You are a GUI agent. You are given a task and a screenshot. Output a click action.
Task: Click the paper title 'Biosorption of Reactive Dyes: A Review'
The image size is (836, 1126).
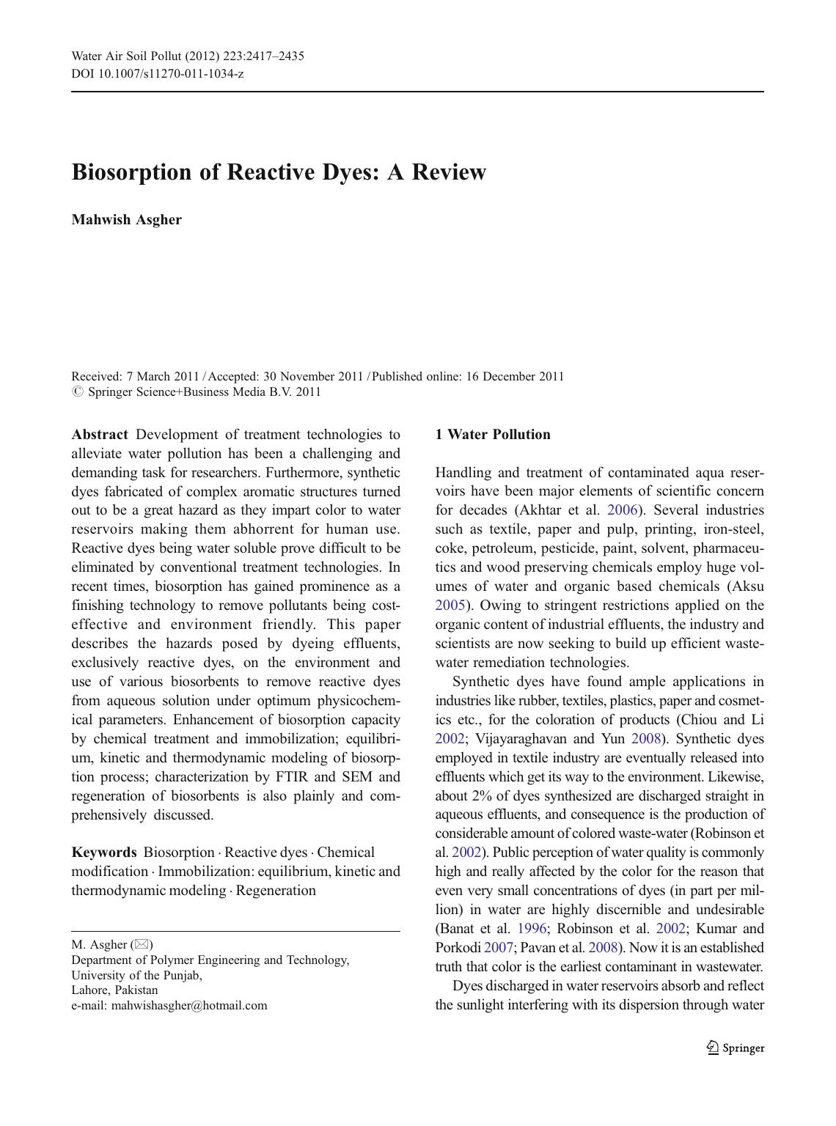pyautogui.click(x=279, y=172)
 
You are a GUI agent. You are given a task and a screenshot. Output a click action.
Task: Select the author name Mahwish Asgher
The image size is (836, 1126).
pyautogui.click(x=126, y=220)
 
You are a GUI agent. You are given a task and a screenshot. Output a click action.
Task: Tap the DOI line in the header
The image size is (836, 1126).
pyautogui.click(x=157, y=73)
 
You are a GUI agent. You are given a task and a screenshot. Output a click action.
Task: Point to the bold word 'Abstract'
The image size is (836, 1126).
pyautogui.click(x=100, y=435)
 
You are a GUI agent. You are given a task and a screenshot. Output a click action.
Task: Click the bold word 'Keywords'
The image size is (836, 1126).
pyautogui.click(x=103, y=853)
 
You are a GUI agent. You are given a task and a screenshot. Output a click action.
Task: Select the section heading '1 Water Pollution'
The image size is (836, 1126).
pyautogui.click(x=492, y=435)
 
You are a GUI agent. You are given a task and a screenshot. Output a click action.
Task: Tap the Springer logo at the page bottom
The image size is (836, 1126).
pyautogui.click(x=736, y=1048)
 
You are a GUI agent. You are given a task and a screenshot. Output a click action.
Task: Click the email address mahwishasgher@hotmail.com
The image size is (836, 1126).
pyautogui.click(x=189, y=1006)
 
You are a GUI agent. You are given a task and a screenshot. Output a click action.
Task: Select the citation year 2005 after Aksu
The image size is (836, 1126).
pyautogui.click(x=450, y=606)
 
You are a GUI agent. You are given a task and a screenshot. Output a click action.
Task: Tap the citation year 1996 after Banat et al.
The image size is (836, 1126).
pyautogui.click(x=532, y=930)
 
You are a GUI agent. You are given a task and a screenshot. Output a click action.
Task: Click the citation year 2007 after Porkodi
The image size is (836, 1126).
pyautogui.click(x=499, y=949)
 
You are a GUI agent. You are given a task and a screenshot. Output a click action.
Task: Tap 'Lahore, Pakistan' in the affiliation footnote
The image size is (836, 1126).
pyautogui.click(x=114, y=990)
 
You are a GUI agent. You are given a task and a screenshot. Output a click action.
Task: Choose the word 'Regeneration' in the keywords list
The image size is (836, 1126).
pyautogui.click(x=276, y=891)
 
